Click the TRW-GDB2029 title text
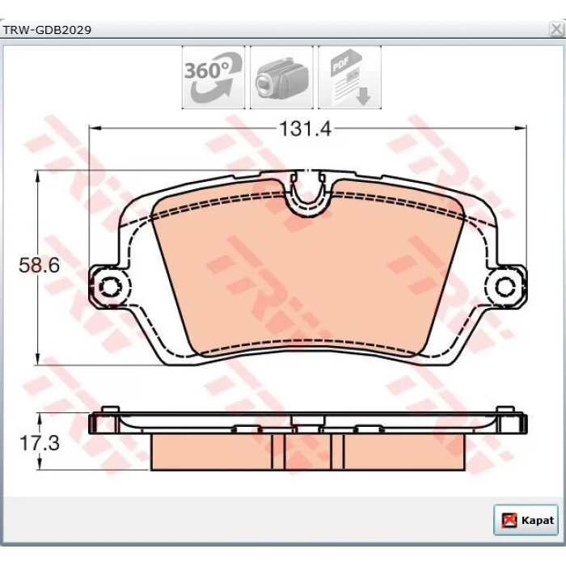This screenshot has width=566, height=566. (47, 30)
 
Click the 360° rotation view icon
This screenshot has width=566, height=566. (213, 78)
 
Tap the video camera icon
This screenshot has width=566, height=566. (281, 78)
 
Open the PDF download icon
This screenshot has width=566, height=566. (349, 78)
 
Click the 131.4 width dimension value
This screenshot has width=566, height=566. (306, 129)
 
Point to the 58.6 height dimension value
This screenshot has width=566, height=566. (39, 265)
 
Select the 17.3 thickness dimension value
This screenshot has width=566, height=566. (39, 443)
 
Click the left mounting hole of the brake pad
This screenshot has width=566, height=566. (110, 287)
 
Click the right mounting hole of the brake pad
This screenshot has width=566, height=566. (505, 287)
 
